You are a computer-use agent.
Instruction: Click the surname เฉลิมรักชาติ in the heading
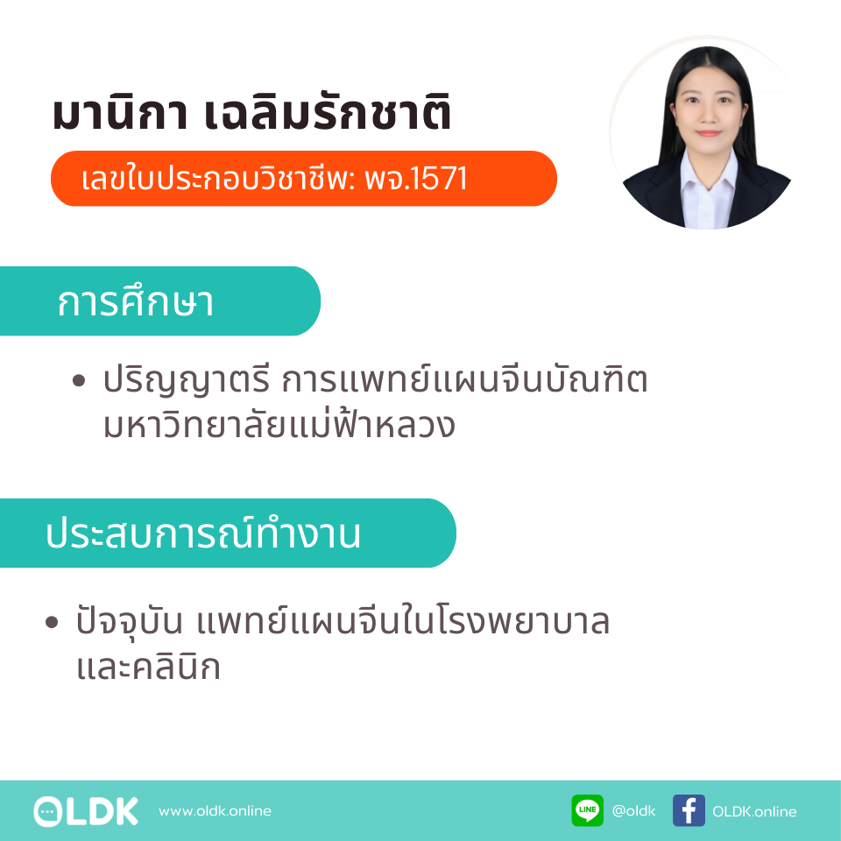click(x=328, y=111)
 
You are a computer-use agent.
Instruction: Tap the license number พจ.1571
click(x=415, y=178)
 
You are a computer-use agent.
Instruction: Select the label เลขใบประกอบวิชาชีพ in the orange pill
click(x=216, y=178)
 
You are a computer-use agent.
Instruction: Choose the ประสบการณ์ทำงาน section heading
click(x=203, y=534)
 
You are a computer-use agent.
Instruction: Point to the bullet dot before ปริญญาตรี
click(x=79, y=381)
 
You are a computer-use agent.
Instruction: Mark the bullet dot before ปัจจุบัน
click(x=52, y=622)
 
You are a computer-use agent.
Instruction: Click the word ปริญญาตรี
click(x=186, y=380)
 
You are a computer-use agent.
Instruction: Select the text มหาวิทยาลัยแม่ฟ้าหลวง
click(x=279, y=424)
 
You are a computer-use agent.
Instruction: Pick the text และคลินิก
click(x=149, y=666)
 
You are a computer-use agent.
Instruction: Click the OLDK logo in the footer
click(x=86, y=811)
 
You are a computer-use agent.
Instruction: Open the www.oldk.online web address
click(x=216, y=810)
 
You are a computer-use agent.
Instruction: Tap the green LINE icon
click(x=587, y=810)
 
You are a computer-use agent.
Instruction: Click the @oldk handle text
click(x=633, y=810)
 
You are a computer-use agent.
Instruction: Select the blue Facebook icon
click(x=689, y=810)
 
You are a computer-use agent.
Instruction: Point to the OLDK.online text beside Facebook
click(x=754, y=811)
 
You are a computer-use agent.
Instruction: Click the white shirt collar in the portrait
click(x=708, y=177)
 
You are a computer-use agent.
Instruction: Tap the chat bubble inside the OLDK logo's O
click(x=47, y=811)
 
